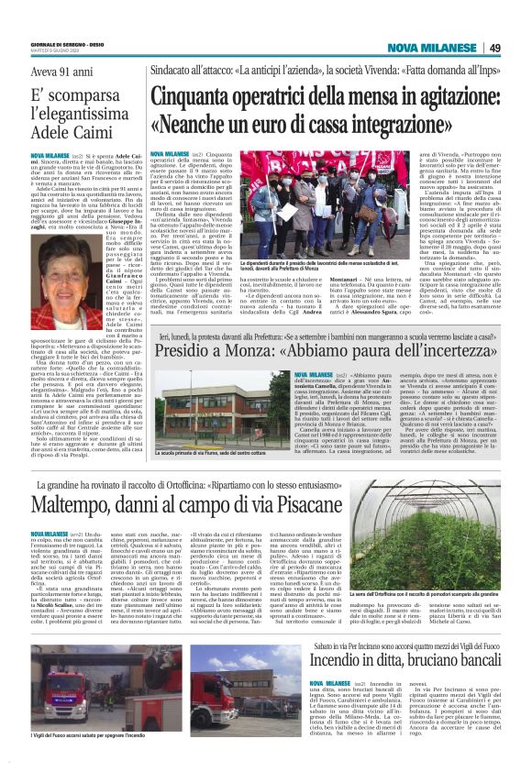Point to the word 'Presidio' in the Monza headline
pos(190,350)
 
